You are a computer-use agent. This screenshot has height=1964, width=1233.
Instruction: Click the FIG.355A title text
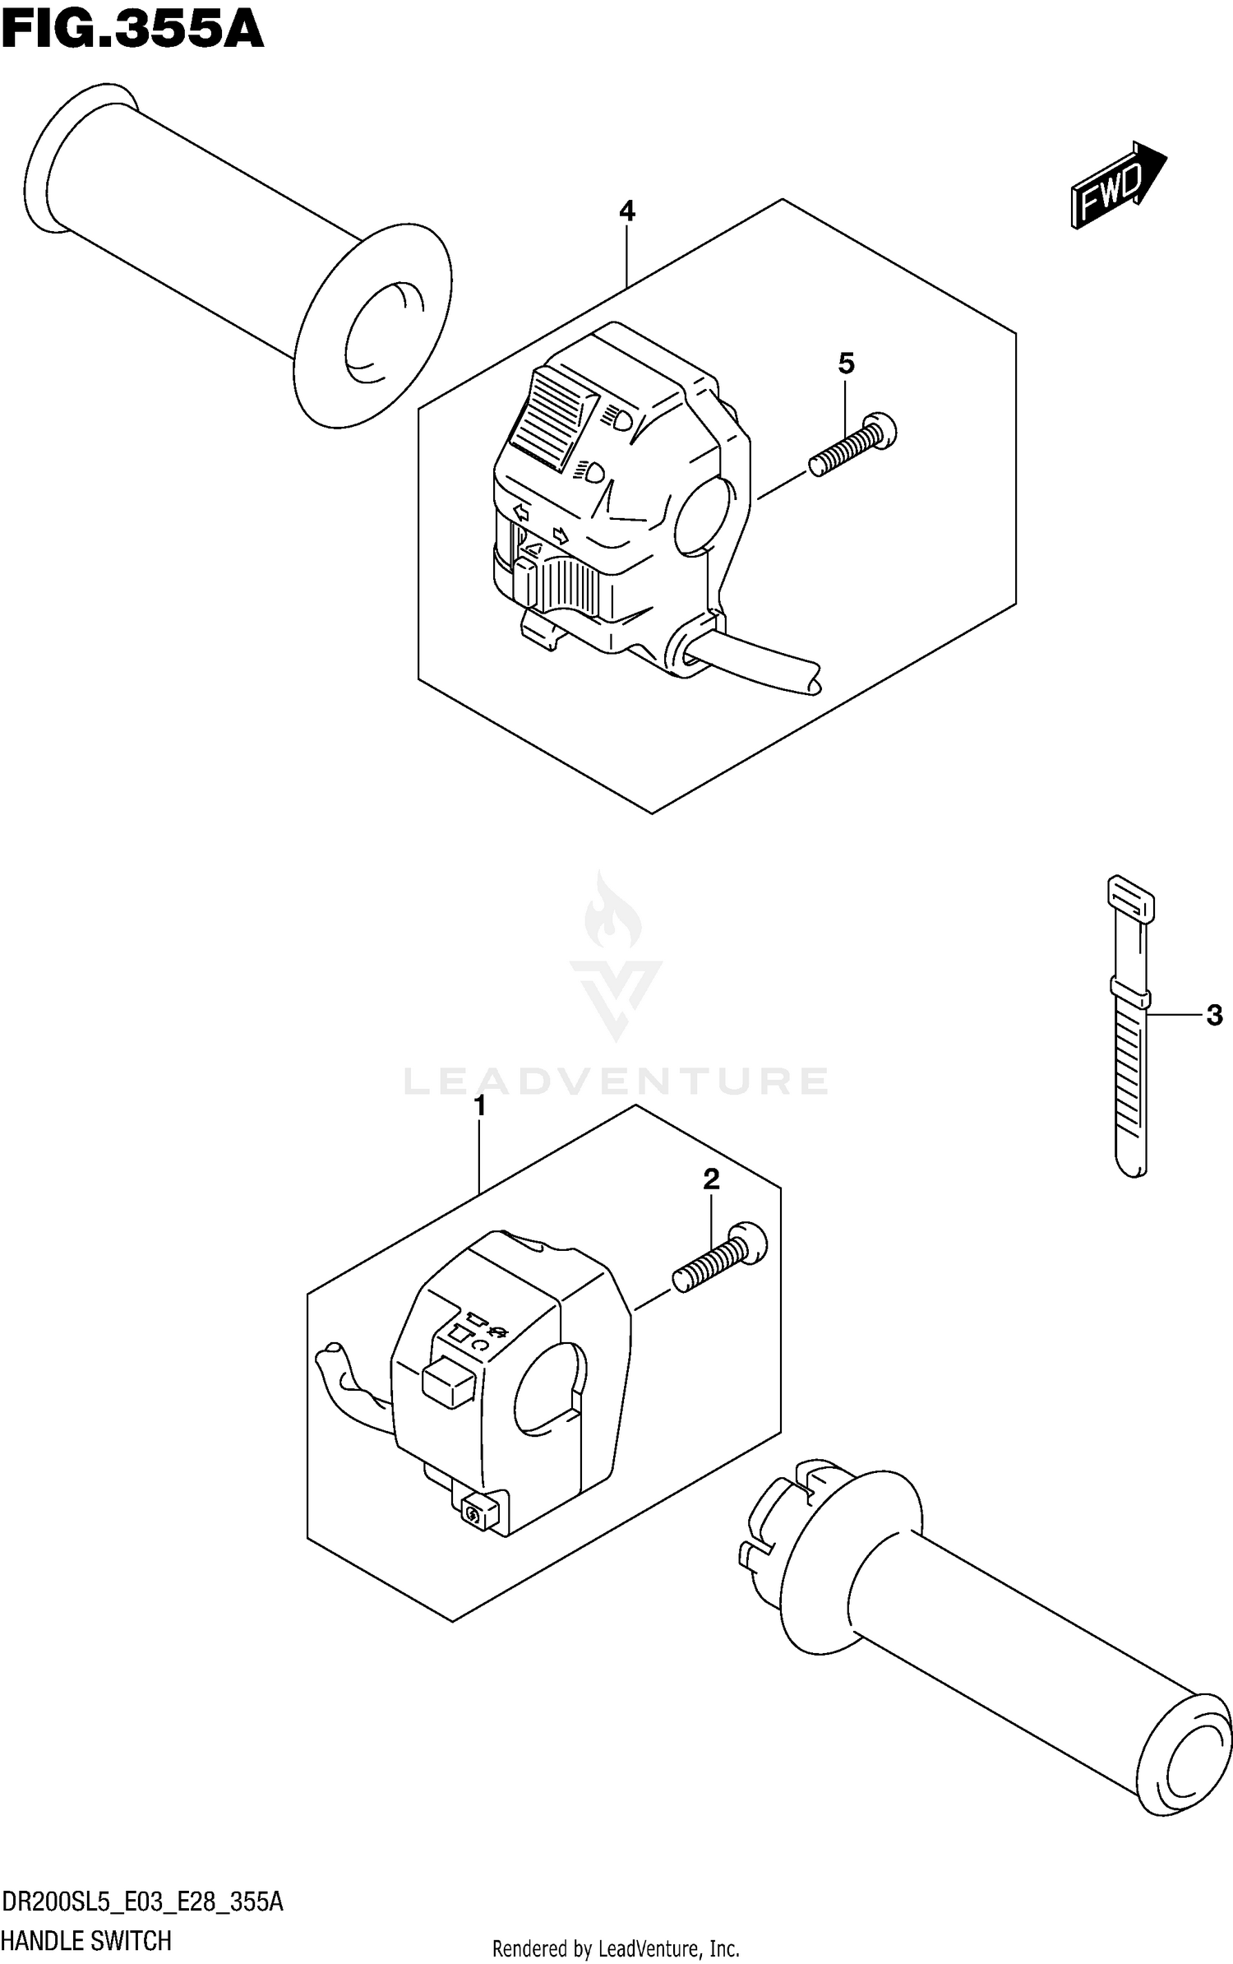click(132, 31)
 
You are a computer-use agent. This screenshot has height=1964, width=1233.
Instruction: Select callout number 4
click(626, 212)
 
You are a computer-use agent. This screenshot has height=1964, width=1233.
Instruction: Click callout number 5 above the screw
click(847, 363)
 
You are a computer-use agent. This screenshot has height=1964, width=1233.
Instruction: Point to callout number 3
click(1214, 1016)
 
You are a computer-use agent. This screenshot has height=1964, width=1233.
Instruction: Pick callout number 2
click(711, 1179)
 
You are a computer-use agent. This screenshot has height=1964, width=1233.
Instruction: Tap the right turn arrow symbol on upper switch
click(561, 536)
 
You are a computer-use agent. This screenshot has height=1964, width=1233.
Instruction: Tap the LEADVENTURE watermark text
click(616, 1081)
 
